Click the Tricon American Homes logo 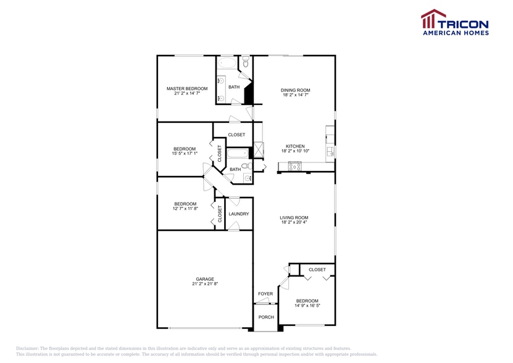[454, 22]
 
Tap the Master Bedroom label [187, 89]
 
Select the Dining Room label [296, 90]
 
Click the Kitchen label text [296, 146]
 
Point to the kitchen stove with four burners [293, 165]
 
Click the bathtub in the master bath [227, 63]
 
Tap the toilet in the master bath [245, 62]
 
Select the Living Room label [294, 217]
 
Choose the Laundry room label [238, 214]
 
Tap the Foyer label [265, 294]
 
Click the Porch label [265, 317]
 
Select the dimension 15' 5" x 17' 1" [185, 154]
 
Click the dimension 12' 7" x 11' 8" [185, 209]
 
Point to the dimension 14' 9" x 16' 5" [307, 306]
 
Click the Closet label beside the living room [317, 270]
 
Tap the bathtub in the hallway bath [237, 154]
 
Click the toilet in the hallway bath [246, 166]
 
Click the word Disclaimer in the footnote [27, 348]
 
